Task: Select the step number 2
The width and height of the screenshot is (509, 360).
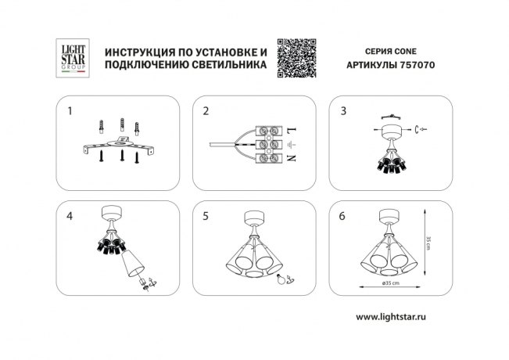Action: (206, 111)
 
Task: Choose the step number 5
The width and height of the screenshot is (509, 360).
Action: (206, 216)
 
